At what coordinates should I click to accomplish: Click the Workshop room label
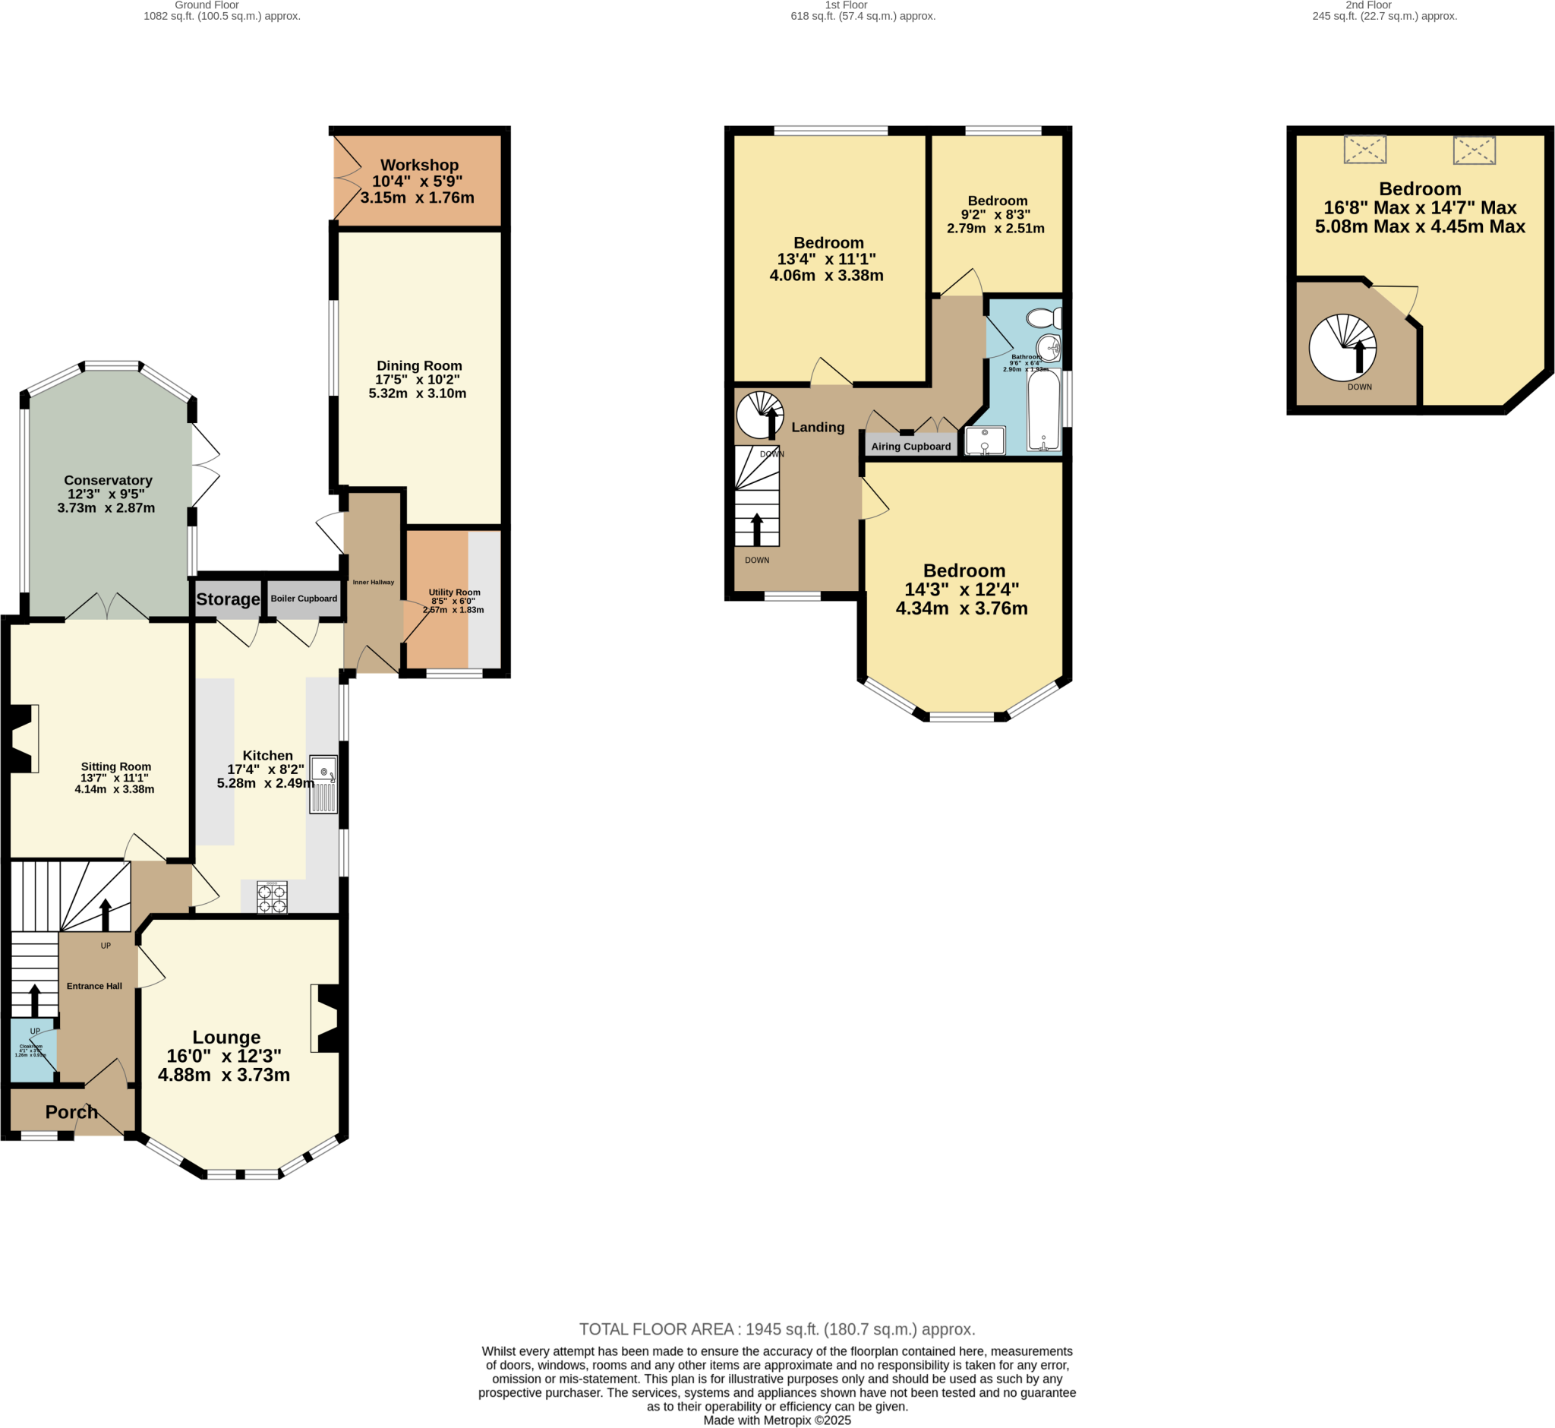click(419, 165)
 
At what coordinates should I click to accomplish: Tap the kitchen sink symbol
click(323, 784)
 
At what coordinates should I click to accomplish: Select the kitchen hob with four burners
click(272, 899)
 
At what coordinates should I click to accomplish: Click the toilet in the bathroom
click(1045, 318)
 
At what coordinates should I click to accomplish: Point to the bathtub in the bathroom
click(1043, 410)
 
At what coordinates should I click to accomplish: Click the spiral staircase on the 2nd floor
click(1342, 348)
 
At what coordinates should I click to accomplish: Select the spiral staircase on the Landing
click(759, 415)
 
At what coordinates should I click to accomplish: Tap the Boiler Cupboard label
click(304, 598)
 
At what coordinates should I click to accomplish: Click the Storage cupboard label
click(228, 599)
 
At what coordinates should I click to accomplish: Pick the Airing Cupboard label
click(910, 446)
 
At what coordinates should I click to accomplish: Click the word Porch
click(72, 1112)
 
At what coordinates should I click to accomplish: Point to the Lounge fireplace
click(326, 1018)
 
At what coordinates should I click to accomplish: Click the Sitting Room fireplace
click(24, 738)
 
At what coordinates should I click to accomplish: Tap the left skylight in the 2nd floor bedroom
click(1365, 150)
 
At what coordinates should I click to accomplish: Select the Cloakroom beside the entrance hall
click(33, 1050)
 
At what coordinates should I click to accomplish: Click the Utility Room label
click(454, 592)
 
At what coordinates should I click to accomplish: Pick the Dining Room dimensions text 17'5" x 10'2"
click(418, 380)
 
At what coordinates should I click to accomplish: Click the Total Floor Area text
click(777, 1329)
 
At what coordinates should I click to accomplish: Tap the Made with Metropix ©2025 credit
click(777, 1420)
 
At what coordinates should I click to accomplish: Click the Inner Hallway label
click(373, 582)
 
